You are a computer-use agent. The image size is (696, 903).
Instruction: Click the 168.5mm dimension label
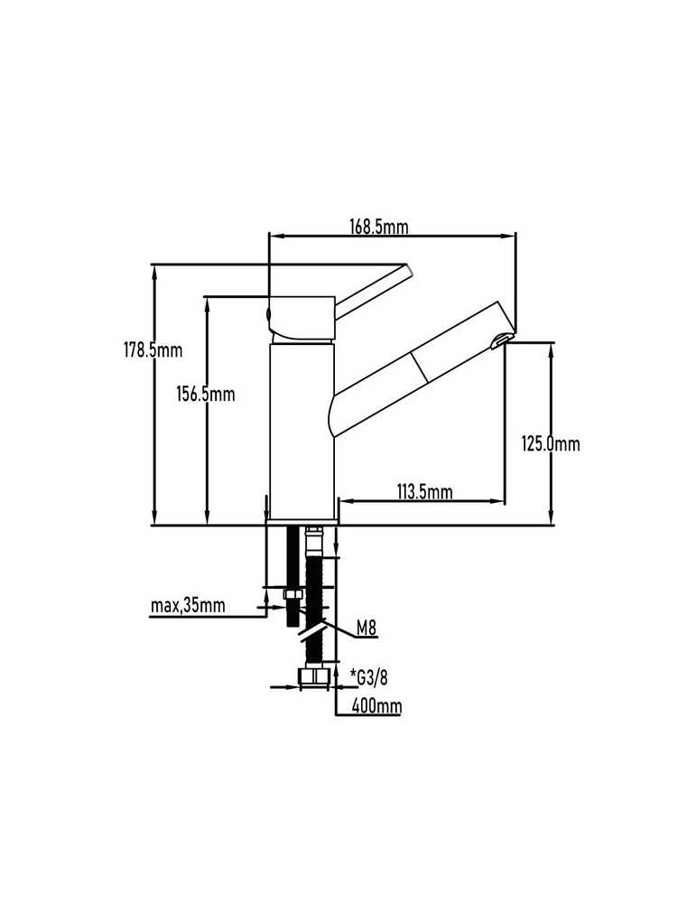tap(379, 227)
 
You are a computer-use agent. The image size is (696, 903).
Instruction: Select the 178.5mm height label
tap(153, 349)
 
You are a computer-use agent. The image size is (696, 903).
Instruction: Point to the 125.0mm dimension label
tap(551, 443)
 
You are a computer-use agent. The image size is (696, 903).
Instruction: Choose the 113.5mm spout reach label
tap(424, 492)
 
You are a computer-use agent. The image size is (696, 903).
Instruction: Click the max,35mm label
tap(188, 606)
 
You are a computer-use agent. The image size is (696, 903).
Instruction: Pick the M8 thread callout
tap(367, 628)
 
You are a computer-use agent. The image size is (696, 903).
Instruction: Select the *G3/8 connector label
tap(368, 678)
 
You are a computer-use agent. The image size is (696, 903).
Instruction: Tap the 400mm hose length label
tap(376, 705)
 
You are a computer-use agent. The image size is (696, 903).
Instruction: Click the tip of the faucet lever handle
tap(408, 268)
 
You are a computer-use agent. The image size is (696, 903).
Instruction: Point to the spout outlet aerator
tap(499, 341)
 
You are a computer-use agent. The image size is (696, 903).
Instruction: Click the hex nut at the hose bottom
tap(312, 676)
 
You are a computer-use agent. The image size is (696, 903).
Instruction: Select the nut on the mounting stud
tap(293, 595)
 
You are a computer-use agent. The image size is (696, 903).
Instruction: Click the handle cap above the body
tap(302, 318)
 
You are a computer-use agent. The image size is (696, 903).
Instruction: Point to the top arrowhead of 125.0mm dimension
tap(551, 349)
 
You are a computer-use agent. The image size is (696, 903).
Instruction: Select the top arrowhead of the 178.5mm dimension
tap(154, 272)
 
